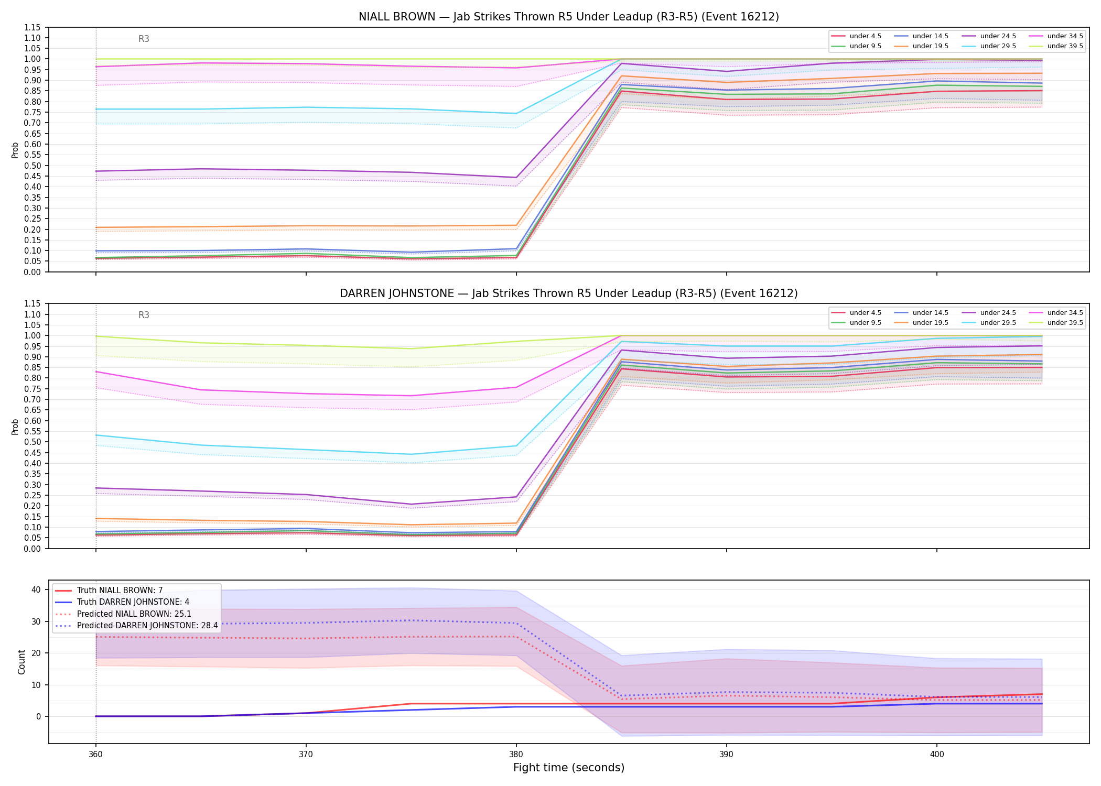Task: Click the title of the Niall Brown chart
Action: point(568,17)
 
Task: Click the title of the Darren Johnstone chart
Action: point(568,293)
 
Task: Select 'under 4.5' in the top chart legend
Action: point(865,36)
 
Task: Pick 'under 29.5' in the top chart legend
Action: point(998,46)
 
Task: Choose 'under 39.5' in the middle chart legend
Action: point(1065,323)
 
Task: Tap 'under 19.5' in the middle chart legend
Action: point(930,323)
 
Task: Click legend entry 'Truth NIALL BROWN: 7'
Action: point(120,591)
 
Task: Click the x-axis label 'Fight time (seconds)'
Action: point(569,768)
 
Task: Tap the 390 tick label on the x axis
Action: point(726,755)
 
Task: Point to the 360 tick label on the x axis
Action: point(95,755)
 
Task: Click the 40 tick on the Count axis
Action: point(36,589)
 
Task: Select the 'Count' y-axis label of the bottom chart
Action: point(21,662)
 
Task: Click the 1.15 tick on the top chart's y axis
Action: point(33,27)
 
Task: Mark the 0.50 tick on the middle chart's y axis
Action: point(33,442)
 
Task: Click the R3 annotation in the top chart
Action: point(144,39)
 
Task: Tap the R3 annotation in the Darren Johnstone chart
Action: point(144,315)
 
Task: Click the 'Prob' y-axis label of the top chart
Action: point(15,150)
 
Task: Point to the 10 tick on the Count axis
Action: point(36,685)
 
